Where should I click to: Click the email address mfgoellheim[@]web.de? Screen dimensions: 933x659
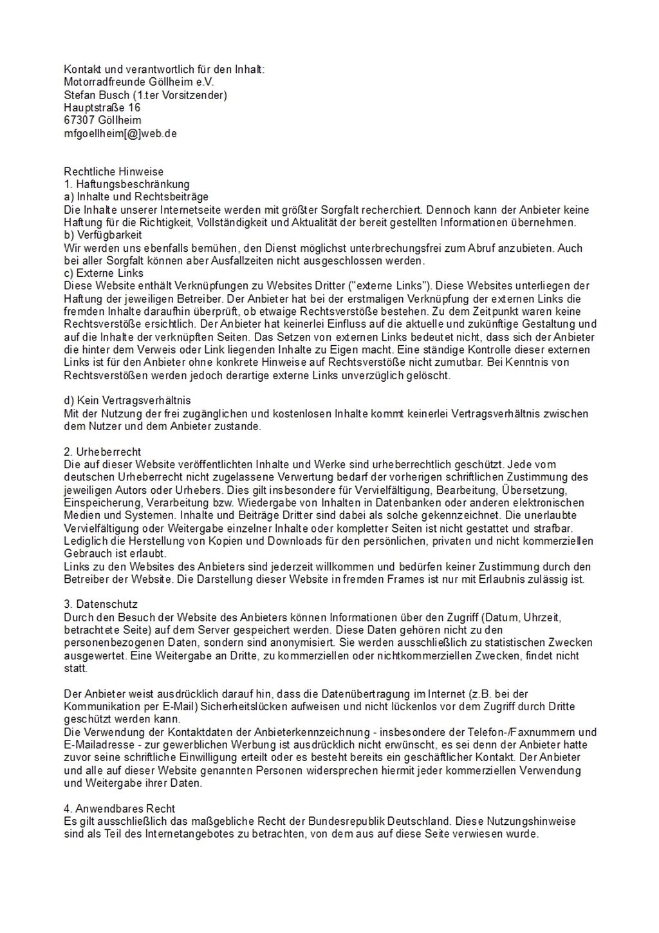[120, 133]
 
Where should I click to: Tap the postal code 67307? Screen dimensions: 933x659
[80, 120]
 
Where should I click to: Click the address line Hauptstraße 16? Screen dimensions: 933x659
[102, 108]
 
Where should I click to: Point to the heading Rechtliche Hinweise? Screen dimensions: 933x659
[114, 171]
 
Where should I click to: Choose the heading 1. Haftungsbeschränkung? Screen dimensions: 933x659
[127, 184]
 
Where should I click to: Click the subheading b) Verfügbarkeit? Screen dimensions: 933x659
[103, 235]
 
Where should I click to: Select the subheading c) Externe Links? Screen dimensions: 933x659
[104, 273]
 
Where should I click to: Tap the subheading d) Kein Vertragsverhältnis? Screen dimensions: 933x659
[127, 401]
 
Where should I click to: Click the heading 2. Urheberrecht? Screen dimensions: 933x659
[102, 451]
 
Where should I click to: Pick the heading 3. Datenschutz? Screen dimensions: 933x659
[100, 604]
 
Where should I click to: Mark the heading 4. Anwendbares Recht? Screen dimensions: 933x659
[120, 808]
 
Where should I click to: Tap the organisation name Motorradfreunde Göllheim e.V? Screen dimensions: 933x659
[138, 82]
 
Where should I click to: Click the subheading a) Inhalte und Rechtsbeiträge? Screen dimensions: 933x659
[136, 197]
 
